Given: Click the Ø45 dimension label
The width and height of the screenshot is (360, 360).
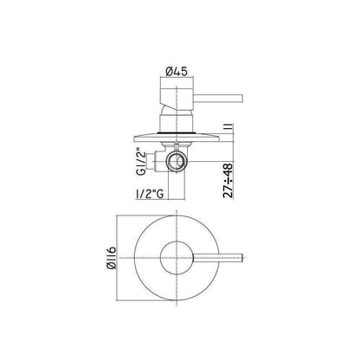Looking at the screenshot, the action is pyautogui.click(x=177, y=71).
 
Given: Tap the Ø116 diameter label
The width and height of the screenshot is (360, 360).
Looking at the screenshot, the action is pyautogui.click(x=112, y=257).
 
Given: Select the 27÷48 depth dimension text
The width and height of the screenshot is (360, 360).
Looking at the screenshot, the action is pyautogui.click(x=228, y=180).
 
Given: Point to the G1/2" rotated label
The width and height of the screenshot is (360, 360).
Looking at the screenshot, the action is pyautogui.click(x=141, y=161).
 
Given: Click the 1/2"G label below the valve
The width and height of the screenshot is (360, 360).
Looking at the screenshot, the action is pyautogui.click(x=150, y=194).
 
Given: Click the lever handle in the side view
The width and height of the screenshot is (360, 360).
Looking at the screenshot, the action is pyautogui.click(x=218, y=98).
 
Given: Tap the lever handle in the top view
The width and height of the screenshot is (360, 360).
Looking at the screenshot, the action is pyautogui.click(x=218, y=258).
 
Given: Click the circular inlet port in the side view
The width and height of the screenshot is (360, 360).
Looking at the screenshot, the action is pyautogui.click(x=177, y=162).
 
